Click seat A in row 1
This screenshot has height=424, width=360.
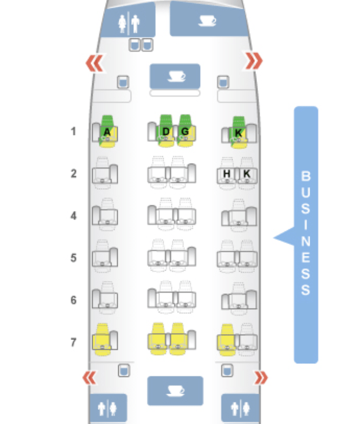107,132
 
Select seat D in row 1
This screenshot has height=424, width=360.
166,131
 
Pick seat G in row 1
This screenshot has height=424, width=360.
185,131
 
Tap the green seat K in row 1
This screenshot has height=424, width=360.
238,132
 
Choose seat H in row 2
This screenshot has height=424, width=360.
227,174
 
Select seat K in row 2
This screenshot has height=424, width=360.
246,174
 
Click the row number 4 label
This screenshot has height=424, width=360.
74,216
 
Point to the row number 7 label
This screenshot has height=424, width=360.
74,342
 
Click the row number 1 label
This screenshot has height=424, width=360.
74,132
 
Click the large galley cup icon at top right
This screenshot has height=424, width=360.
206,20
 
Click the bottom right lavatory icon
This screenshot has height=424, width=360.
241,408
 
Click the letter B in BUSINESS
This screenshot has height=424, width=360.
306,176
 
